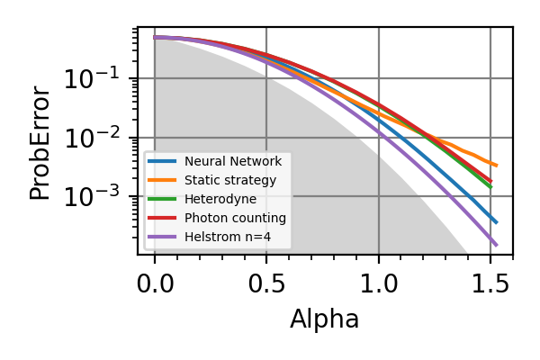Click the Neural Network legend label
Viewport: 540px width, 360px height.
(233, 161)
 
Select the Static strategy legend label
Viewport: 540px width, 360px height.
(229, 180)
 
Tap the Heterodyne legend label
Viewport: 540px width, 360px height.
(220, 199)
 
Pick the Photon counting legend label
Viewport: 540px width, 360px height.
(235, 218)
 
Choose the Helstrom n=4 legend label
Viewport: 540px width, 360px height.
(229, 238)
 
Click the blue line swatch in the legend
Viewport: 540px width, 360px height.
(163, 161)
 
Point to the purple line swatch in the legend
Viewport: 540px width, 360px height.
(163, 238)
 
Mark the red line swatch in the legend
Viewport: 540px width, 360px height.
(163, 218)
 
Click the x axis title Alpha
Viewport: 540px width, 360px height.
(324, 319)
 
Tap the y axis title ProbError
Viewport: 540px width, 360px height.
(40, 142)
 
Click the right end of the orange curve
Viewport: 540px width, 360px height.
(496, 166)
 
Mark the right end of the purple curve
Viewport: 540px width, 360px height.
(496, 244)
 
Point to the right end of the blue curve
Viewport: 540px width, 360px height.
(496, 222)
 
